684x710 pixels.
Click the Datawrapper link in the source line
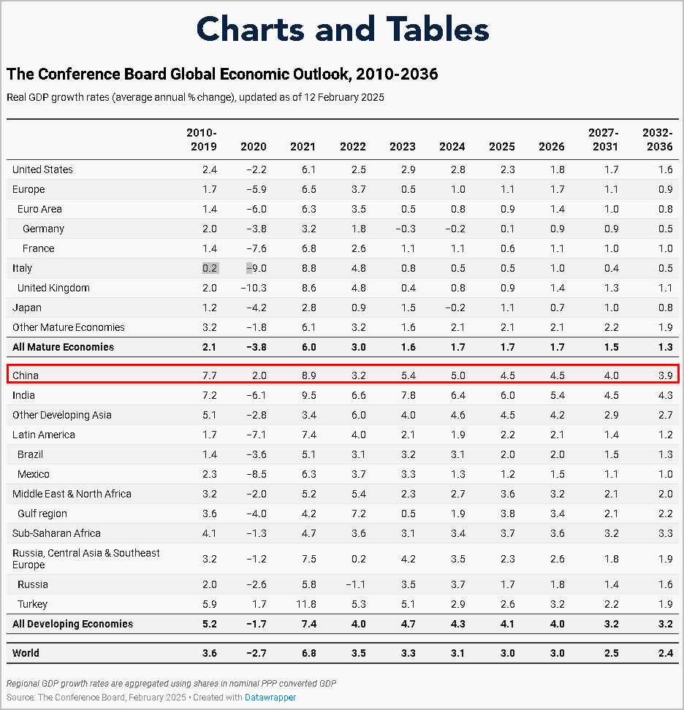coord(270,697)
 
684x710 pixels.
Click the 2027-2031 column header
coord(603,140)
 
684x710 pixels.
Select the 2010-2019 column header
coord(202,140)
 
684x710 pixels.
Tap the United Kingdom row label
coord(53,288)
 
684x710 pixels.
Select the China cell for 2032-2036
coord(664,375)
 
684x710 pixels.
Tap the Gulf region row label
coord(42,514)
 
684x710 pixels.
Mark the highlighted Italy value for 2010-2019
coord(210,268)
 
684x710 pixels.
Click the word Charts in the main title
coord(251,29)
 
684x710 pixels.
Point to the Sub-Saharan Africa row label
coord(56,533)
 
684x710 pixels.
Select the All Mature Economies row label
coord(63,347)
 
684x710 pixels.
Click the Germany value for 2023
coord(405,229)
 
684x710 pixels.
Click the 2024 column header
coord(452,147)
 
